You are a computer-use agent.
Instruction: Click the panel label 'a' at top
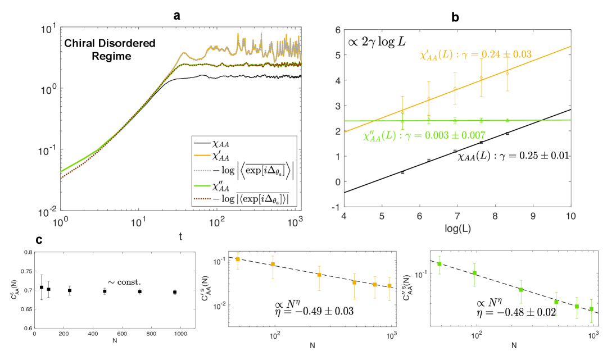[177, 16]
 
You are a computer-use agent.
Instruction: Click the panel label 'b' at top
[455, 17]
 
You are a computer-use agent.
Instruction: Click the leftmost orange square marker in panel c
[238, 259]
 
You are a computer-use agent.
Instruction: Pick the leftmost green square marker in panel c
[439, 263]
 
